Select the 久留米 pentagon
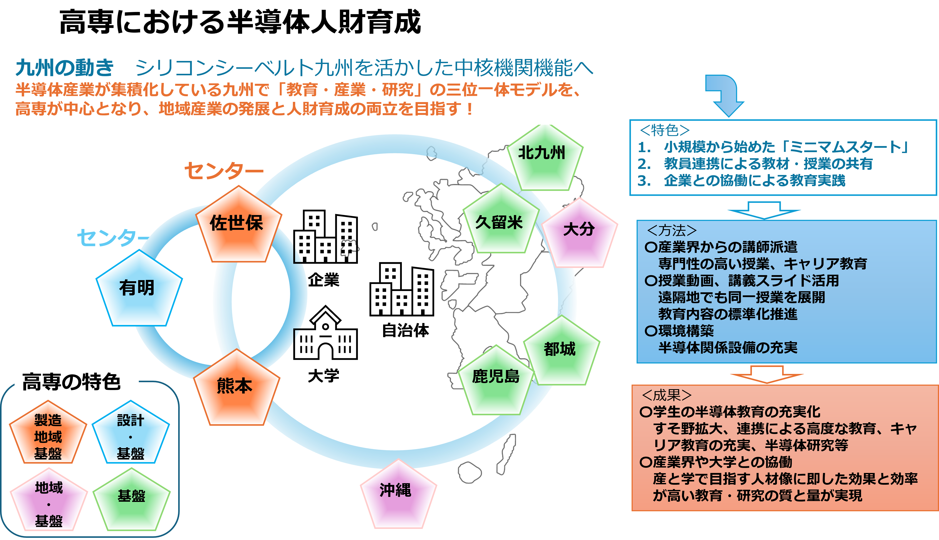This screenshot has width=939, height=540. [x=501, y=221]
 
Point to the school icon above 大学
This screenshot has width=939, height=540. [x=325, y=333]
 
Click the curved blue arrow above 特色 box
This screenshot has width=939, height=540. [x=724, y=95]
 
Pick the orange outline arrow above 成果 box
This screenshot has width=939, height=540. [x=767, y=374]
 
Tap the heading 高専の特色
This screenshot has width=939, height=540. [x=72, y=382]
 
